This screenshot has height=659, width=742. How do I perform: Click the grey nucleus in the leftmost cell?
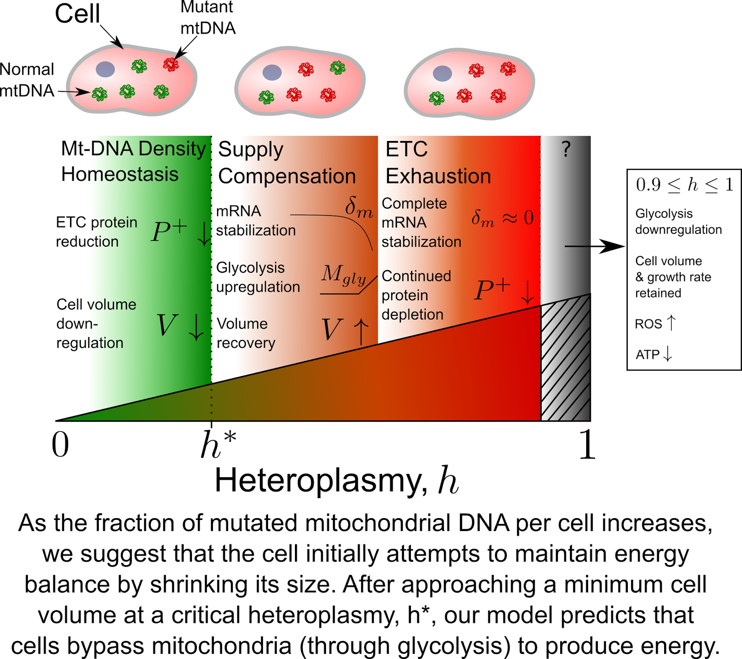tap(105, 69)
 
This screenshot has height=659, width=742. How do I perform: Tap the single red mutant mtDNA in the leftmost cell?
tap(171, 64)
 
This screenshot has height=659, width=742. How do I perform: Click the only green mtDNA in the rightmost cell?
tap(436, 98)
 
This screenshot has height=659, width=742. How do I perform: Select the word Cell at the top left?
tap(77, 13)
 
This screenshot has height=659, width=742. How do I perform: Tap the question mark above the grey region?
tap(566, 149)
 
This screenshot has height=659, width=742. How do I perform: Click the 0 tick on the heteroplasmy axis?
tap(60, 444)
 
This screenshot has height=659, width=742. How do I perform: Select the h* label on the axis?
tap(217, 444)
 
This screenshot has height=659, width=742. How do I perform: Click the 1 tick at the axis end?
tap(587, 444)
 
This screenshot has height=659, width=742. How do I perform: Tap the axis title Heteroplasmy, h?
tap(336, 480)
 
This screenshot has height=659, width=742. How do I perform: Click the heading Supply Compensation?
tap(287, 163)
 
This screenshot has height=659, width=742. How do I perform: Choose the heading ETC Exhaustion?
tap(438, 163)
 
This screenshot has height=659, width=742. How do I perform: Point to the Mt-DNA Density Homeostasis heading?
tap(133, 161)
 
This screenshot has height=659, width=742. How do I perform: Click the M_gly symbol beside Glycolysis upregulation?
tap(344, 275)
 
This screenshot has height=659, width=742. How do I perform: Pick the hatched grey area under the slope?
tap(565, 362)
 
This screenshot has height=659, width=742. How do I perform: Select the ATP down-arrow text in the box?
tap(654, 354)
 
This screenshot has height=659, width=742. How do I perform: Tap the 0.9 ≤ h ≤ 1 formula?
tap(684, 185)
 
